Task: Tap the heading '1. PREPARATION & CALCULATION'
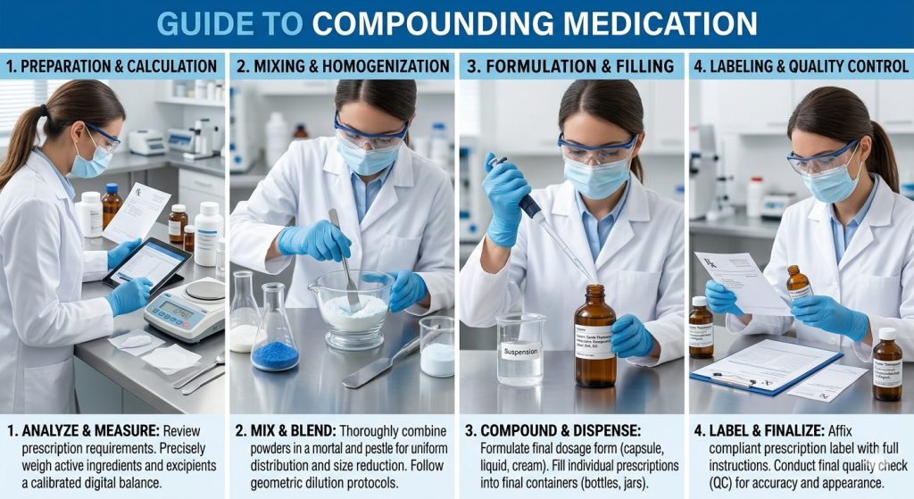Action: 113,66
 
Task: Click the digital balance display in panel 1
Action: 175,308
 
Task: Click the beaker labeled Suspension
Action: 519,349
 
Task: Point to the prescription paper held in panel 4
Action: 741,280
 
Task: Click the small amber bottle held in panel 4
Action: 798,285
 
